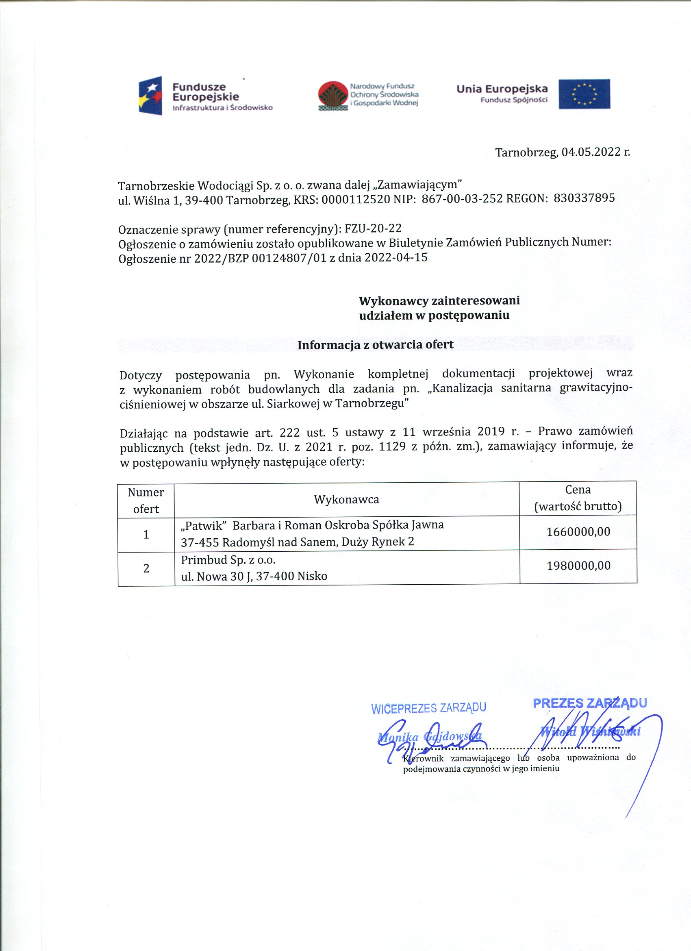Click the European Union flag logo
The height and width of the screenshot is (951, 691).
584,94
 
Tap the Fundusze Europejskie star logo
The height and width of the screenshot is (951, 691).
150,96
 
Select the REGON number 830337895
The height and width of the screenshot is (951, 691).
584,198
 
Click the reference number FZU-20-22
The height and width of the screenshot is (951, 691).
373,229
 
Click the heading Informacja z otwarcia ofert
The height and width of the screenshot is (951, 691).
375,345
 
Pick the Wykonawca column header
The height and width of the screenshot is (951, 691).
346,499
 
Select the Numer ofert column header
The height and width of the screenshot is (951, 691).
146,500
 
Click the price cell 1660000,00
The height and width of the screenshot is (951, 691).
578,532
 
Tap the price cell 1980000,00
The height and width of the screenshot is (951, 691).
578,566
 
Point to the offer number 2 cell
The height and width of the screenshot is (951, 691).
146,568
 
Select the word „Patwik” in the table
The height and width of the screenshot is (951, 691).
203,525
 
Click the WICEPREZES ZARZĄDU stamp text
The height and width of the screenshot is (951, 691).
428,708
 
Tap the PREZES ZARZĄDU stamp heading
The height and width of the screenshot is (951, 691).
589,703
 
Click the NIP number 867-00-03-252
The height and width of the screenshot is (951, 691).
462,199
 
